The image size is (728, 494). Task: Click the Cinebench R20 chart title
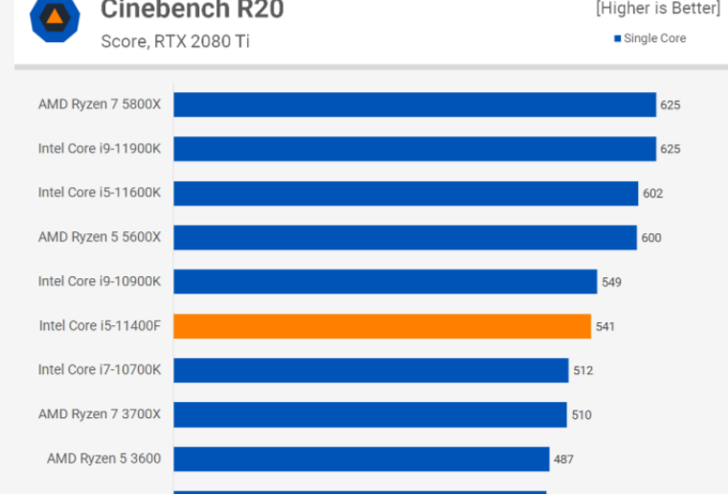point(192,11)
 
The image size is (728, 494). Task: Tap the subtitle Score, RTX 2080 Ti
point(176,42)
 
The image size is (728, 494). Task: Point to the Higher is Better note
point(657,9)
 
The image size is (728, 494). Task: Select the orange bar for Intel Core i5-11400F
point(382,326)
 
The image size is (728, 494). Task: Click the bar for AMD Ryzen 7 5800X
point(414,105)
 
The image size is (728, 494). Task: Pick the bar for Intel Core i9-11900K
point(414,149)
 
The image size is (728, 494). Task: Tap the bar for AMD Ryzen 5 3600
point(361,459)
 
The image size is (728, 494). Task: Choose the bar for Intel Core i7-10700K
point(371,370)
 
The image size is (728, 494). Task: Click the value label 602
point(652,194)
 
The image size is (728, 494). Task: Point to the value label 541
point(605,326)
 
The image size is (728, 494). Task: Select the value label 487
point(563,459)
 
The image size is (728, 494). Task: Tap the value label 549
point(611,282)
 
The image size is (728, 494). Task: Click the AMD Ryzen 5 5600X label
point(100,237)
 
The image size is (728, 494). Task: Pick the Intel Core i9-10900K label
point(100,281)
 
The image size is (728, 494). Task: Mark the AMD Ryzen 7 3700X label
point(100,414)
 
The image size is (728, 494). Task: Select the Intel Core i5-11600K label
point(100,193)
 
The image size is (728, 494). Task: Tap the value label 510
point(580,415)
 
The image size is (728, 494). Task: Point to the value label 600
point(650,238)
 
